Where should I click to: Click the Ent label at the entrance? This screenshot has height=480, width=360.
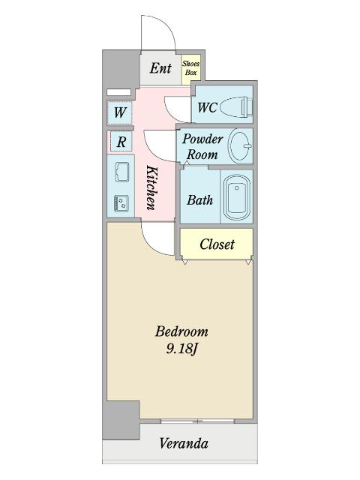coord(160,68)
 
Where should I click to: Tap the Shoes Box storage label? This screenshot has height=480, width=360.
coord(190,68)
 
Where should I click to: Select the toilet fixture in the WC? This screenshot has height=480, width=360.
coord(236,106)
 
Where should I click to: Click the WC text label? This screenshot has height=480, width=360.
coord(207,107)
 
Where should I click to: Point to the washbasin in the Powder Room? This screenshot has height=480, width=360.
coord(241,145)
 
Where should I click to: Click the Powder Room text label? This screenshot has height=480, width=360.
coord(202,147)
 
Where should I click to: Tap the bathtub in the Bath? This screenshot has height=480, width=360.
coord(237,196)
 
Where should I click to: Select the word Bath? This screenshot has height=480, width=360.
coord(199,200)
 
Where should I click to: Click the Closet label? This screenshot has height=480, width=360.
coord(217,244)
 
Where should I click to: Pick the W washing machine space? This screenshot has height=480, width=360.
coord(120,112)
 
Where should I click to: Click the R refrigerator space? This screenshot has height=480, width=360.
coord(121,142)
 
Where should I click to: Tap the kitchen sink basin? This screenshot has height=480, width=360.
coord(121,172)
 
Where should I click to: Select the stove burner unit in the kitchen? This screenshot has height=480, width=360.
coord(121,203)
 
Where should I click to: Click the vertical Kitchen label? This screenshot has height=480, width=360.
coord(151,187)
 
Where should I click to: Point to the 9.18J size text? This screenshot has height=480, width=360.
coord(182,349)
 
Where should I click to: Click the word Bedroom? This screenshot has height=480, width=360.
coord(181,331)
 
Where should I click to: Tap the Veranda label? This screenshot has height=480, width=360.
coord(184,443)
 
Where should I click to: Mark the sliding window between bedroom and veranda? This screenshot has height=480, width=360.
coord(197,421)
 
